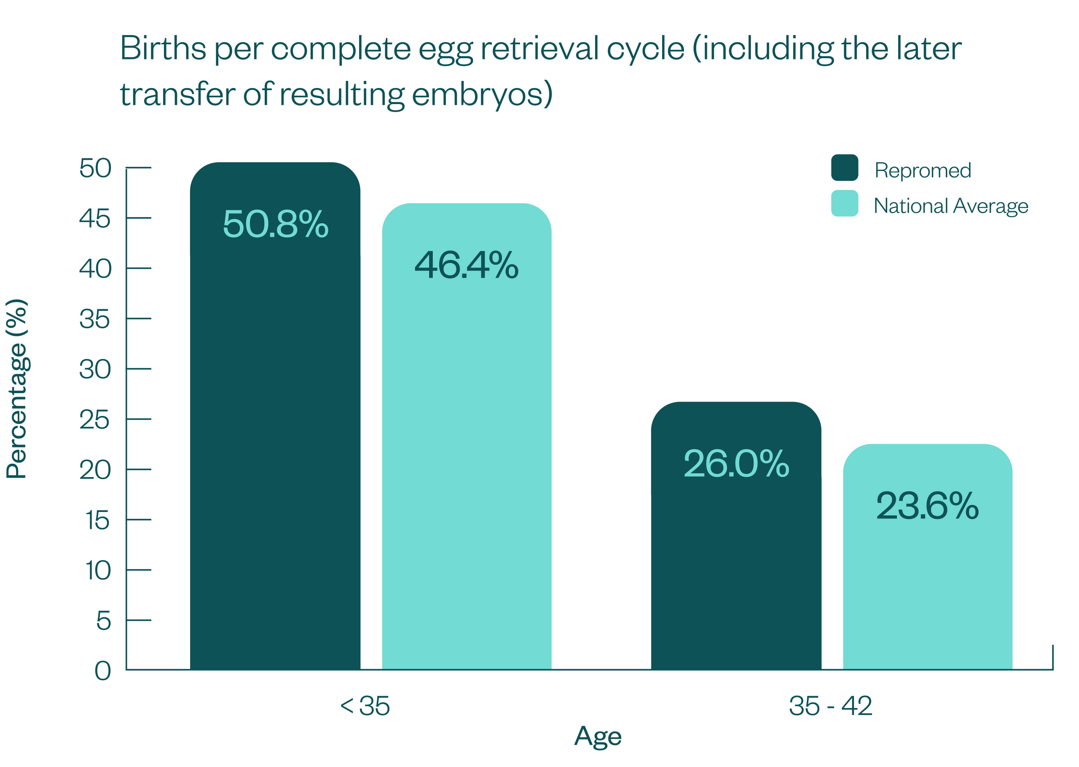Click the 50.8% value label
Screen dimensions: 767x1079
275,224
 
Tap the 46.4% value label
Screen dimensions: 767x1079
467,265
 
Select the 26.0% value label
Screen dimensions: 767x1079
736,464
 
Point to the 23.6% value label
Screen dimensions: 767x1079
927,506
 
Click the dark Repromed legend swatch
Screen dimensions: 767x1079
844,168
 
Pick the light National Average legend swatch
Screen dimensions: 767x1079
844,204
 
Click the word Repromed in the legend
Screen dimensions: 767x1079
923,170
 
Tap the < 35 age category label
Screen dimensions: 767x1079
365,706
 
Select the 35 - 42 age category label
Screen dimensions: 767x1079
831,706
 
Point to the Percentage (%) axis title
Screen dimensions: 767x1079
17,389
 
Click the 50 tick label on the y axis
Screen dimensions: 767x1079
95,168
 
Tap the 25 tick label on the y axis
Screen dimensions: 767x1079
95,420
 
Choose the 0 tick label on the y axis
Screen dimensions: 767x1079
102,671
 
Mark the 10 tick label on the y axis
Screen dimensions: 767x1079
98,571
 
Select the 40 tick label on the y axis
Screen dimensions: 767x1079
95,269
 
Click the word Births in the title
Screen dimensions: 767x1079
163,48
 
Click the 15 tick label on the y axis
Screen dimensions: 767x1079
98,520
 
